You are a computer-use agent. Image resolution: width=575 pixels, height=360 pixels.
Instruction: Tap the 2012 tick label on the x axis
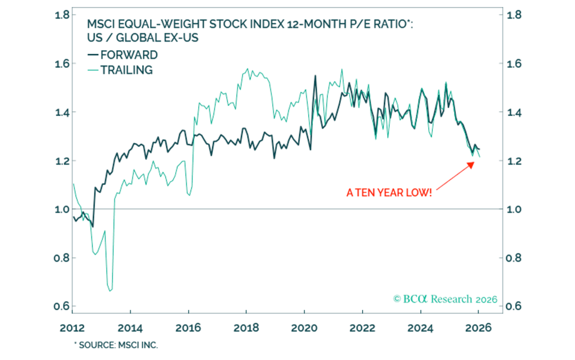(72, 328)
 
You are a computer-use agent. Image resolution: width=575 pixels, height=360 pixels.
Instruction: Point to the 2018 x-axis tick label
(246, 328)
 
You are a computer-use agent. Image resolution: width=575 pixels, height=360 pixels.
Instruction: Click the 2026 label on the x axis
(477, 328)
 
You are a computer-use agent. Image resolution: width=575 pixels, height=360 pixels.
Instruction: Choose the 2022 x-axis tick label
(361, 328)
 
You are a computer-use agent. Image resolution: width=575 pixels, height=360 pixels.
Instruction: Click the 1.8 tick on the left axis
(62, 14)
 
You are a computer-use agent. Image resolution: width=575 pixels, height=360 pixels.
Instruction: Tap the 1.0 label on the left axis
(62, 209)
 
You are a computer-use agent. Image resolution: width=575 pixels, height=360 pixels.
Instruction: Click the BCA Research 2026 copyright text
(445, 299)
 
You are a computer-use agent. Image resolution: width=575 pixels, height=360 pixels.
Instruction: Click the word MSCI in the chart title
(100, 24)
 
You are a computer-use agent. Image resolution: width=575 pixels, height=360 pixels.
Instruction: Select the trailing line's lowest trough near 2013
(110, 291)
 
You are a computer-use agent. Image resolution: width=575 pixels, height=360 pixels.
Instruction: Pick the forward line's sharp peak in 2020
(315, 76)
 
